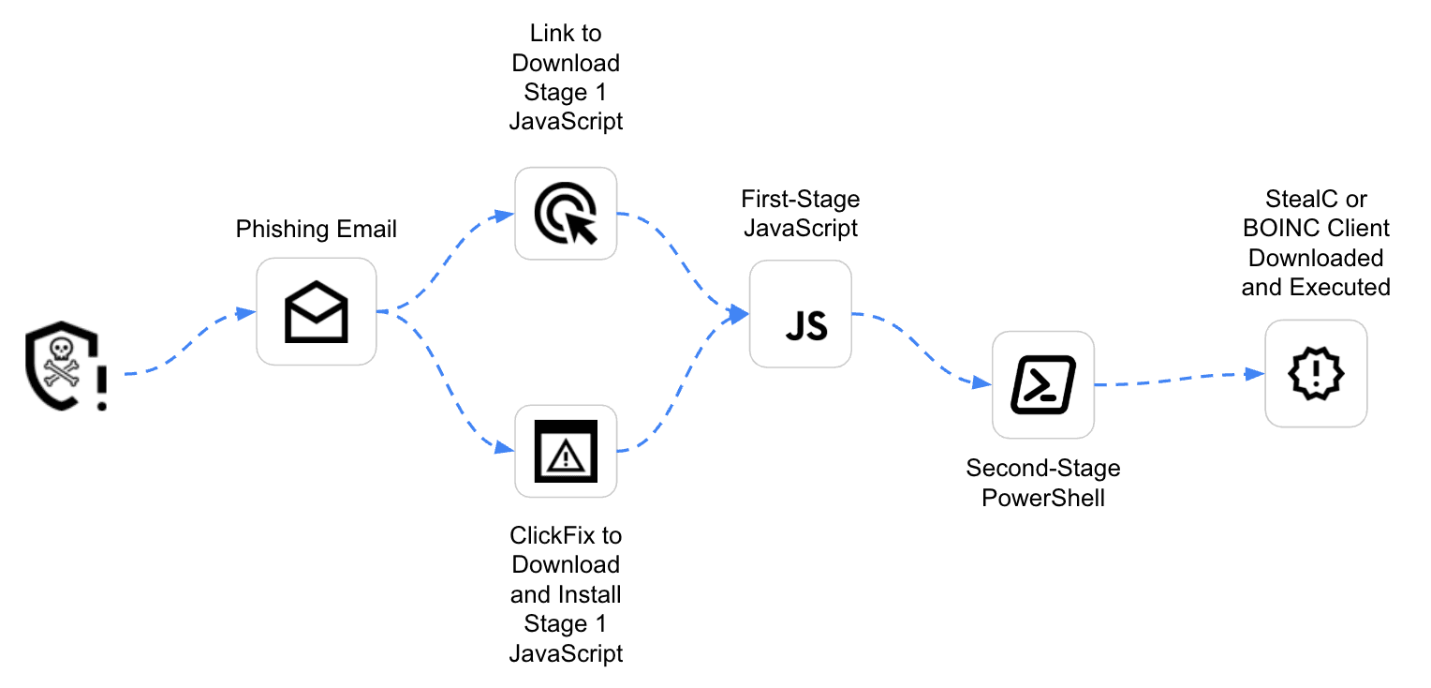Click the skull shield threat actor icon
[58, 366]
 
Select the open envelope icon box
[317, 311]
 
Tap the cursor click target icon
[566, 213]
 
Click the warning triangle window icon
[566, 451]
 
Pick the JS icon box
[801, 313]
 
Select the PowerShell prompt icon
[1043, 384]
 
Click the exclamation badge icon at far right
[1316, 373]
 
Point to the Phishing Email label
[317, 230]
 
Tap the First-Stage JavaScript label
[801, 213]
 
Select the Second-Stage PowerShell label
[1043, 483]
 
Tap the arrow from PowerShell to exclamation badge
[1180, 381]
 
